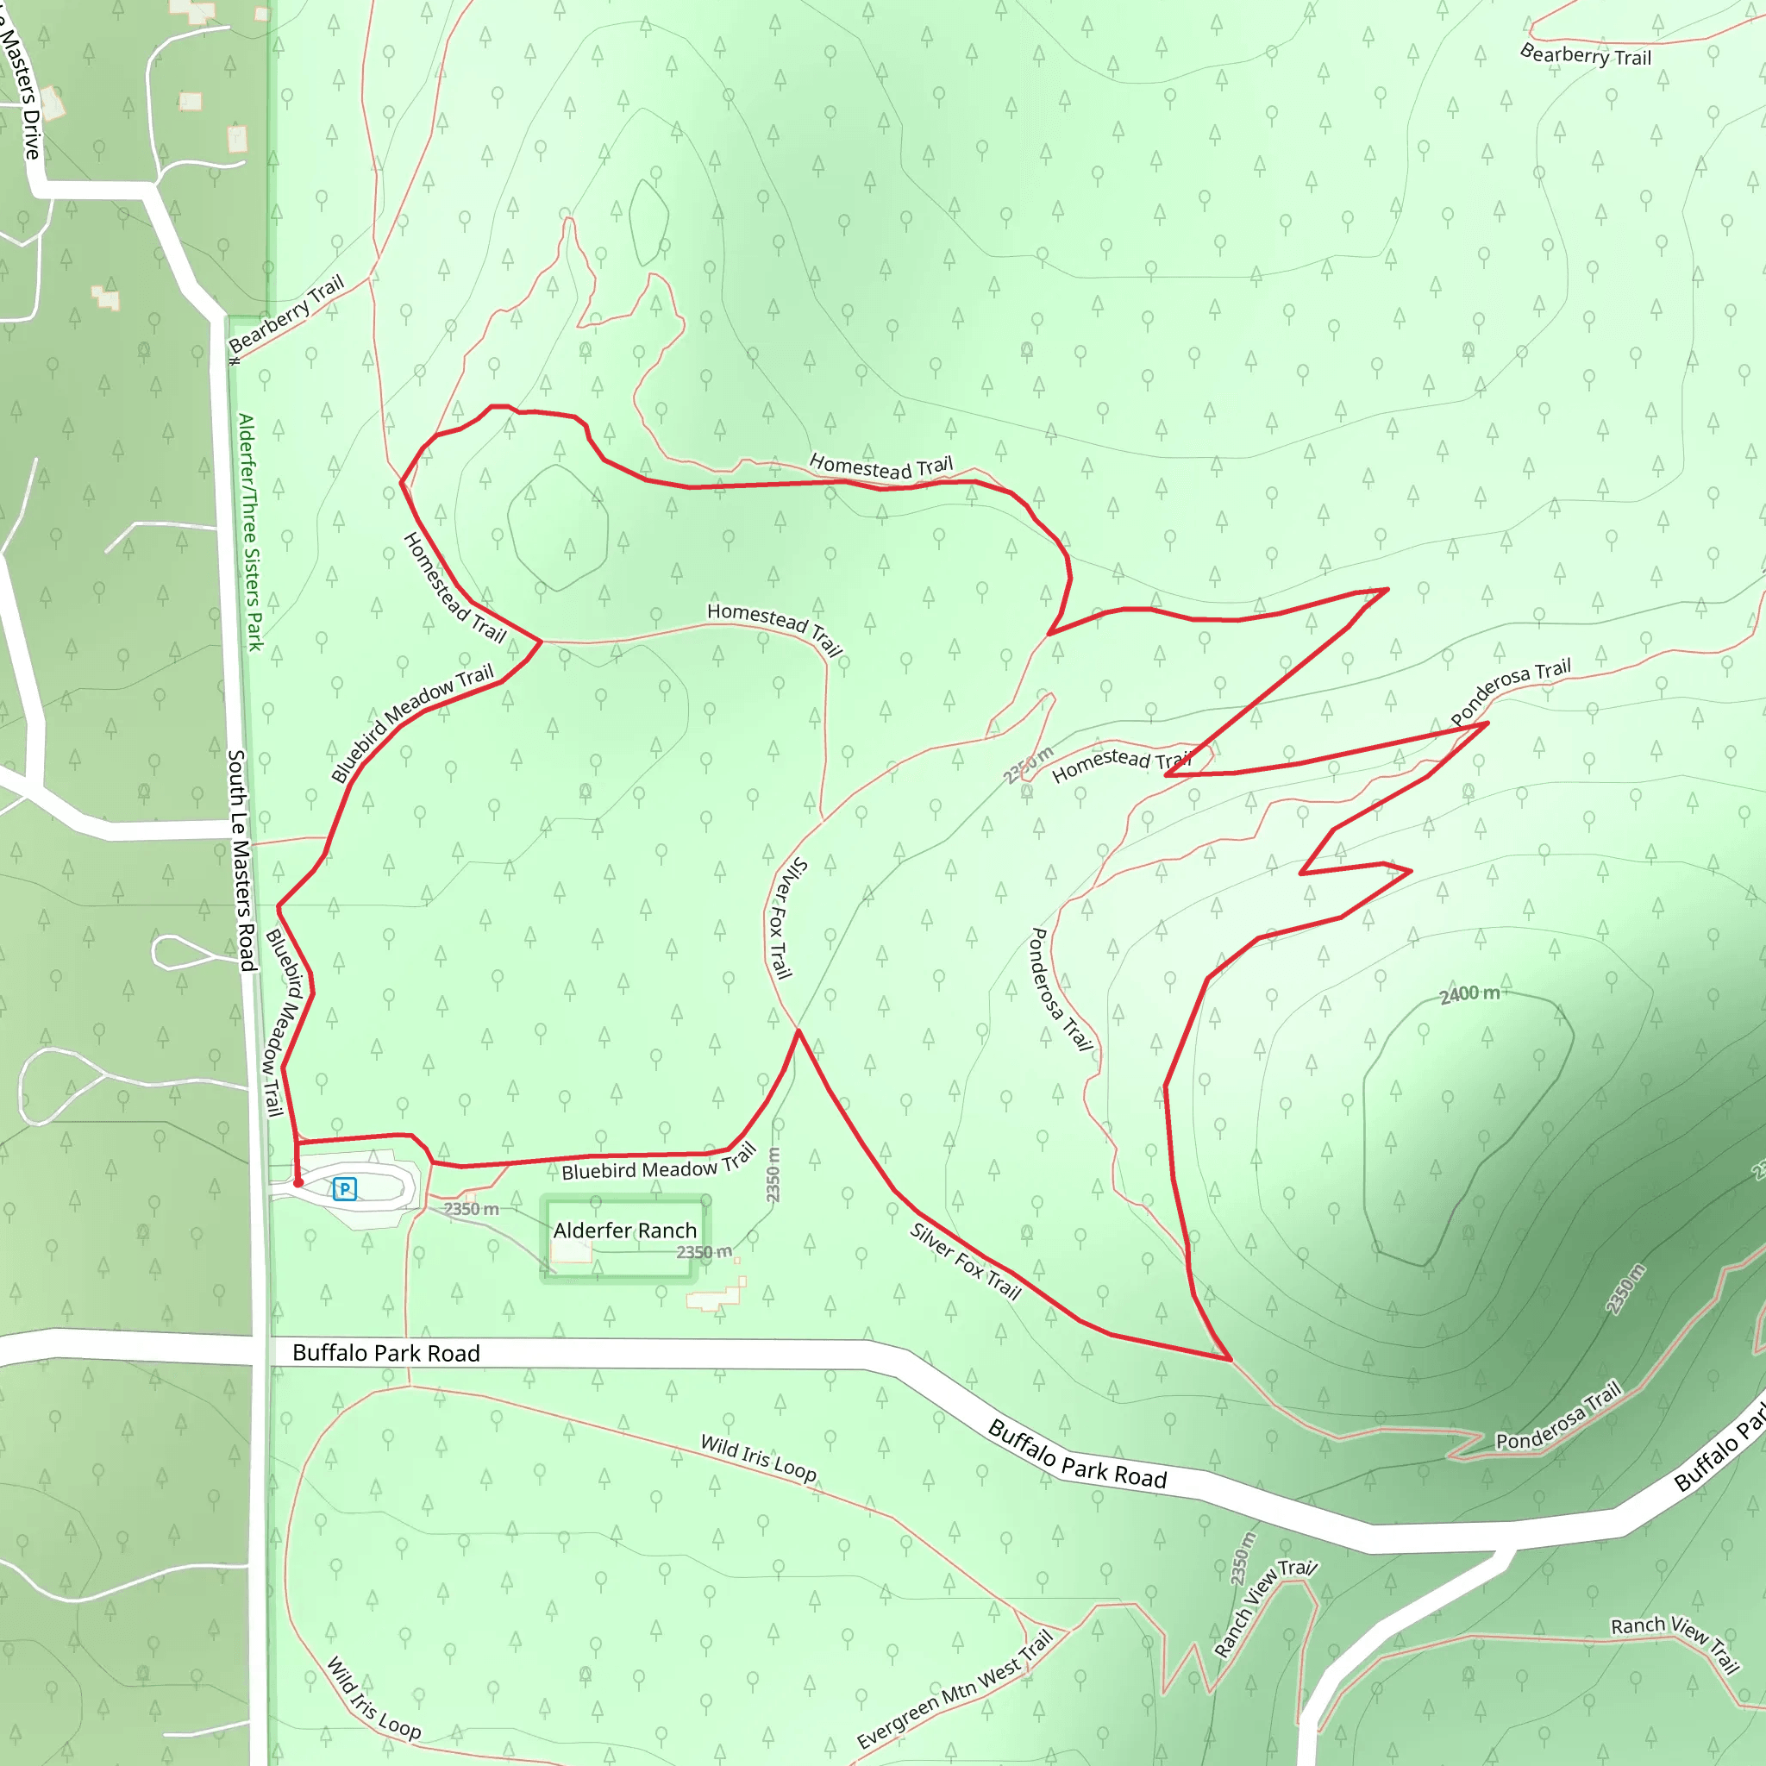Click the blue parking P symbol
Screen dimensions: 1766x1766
pyautogui.click(x=345, y=1188)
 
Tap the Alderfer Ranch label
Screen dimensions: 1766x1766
pyautogui.click(x=624, y=1231)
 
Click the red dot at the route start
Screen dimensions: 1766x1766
pyautogui.click(x=298, y=1183)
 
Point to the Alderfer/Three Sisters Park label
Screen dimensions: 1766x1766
pyautogui.click(x=249, y=532)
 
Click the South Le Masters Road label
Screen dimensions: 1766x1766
pyautogui.click(x=241, y=859)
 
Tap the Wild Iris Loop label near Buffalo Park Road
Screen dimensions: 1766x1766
pyautogui.click(x=758, y=1457)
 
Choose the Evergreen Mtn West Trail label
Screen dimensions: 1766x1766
pyautogui.click(x=955, y=1688)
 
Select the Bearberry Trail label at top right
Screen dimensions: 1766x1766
pyautogui.click(x=1585, y=55)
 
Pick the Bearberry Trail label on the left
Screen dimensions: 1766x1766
pyautogui.click(x=286, y=314)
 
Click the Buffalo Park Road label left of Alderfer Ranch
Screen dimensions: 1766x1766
pyautogui.click(x=385, y=1353)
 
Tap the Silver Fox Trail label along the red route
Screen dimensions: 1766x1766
pyautogui.click(x=964, y=1261)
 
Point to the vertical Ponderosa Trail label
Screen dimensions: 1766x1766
pyautogui.click(x=1061, y=989)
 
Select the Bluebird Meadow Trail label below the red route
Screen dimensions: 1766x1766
pyautogui.click(x=658, y=1162)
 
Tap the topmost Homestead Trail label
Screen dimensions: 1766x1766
pyautogui.click(x=880, y=467)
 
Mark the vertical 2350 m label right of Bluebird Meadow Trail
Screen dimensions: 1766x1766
pyautogui.click(x=773, y=1174)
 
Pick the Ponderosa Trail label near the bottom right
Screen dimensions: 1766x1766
pyautogui.click(x=1557, y=1415)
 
